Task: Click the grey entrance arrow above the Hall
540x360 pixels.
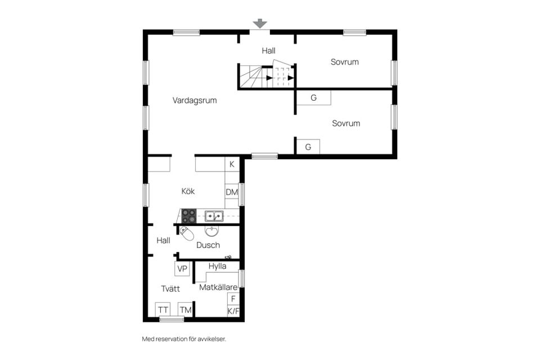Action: point(260,24)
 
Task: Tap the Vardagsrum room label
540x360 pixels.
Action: point(195,101)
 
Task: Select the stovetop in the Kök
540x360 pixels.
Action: point(189,216)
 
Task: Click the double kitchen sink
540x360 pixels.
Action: point(214,216)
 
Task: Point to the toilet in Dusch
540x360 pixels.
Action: point(187,233)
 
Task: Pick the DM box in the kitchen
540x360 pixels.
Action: point(232,192)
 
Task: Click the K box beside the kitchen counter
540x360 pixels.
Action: point(232,164)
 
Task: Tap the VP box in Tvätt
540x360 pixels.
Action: point(182,269)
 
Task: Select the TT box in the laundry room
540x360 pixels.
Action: point(163,310)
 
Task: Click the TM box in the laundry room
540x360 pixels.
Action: point(185,310)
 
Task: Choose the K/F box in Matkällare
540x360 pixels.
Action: point(233,312)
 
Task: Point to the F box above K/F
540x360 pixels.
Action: point(233,299)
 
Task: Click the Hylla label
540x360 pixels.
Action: point(217,266)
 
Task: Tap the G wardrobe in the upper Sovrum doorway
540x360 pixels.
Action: point(313,98)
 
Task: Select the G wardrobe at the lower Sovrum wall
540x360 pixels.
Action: point(308,147)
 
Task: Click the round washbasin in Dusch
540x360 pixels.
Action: point(211,231)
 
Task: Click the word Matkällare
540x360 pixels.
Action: point(218,287)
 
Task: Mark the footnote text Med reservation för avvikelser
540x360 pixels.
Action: point(184,339)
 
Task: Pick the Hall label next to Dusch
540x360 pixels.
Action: point(163,240)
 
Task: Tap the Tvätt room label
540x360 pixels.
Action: point(170,289)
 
